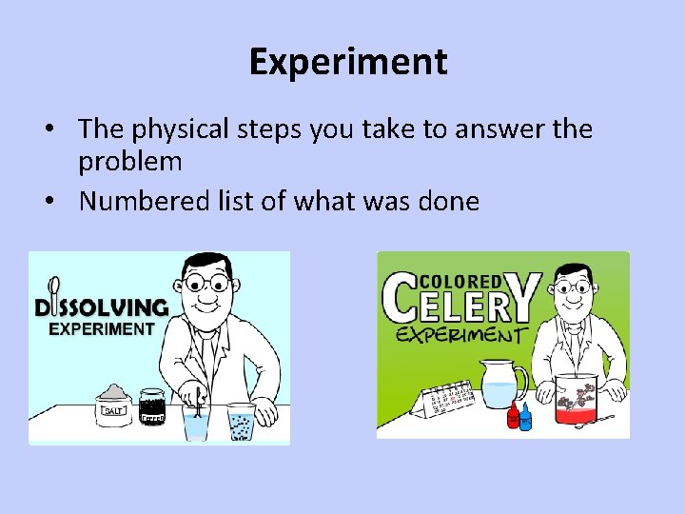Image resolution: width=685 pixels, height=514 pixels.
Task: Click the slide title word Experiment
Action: pos(347,63)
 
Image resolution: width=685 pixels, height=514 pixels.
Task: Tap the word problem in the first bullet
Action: pos(130,162)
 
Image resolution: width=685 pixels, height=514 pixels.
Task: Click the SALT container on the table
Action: pos(113,405)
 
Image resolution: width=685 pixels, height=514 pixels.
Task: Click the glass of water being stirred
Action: pos(196,419)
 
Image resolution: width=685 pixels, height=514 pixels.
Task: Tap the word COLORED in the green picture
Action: pos(460,282)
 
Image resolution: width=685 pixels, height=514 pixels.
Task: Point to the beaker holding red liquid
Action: pos(575,400)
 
